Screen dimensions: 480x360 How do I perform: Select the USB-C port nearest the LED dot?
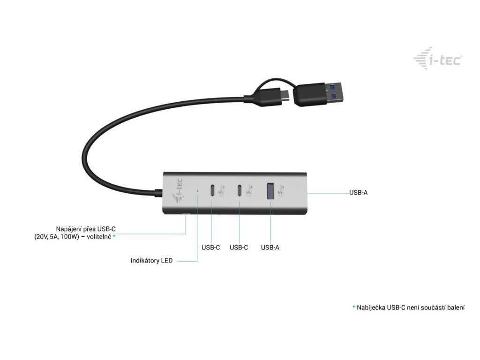point(212,191)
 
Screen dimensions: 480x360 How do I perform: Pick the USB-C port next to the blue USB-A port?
point(240,191)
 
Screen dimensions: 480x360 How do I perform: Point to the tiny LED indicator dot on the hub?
point(197,191)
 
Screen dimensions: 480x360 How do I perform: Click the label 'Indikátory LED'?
point(151,260)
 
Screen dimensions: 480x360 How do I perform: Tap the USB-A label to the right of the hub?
point(358,193)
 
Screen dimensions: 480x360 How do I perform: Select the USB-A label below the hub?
point(270,247)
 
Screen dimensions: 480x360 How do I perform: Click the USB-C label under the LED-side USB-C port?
point(210,247)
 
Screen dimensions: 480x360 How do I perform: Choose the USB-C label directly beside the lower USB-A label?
point(239,247)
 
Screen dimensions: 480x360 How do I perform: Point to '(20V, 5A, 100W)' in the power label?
point(56,237)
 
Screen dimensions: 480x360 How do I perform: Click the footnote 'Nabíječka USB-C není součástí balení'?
point(411,307)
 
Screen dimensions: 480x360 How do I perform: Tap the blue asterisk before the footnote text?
point(354,307)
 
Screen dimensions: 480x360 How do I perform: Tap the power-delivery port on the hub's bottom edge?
point(186,215)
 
